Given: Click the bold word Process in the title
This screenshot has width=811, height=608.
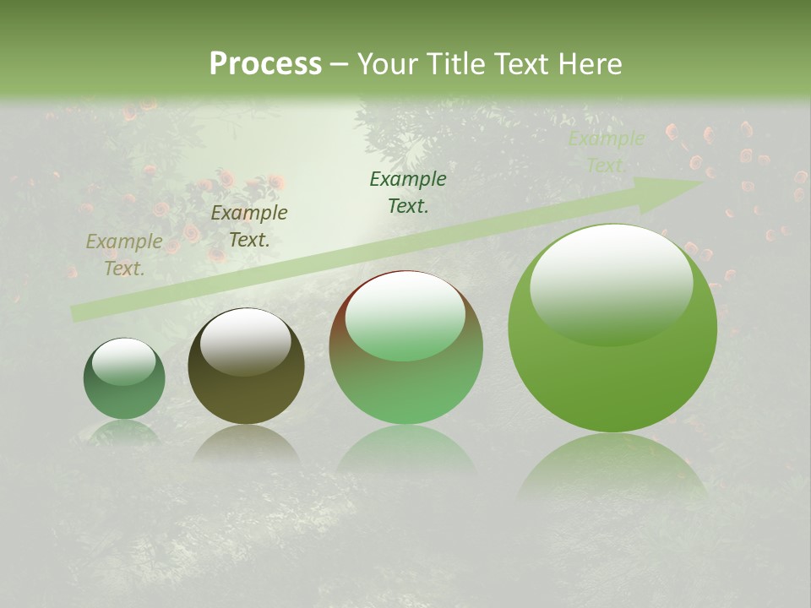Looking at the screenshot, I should click(265, 64).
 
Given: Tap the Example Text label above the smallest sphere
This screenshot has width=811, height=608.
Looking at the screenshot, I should click(124, 255).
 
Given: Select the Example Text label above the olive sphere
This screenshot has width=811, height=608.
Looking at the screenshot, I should click(249, 226).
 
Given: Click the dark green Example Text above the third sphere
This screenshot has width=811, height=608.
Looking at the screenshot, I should click(408, 193).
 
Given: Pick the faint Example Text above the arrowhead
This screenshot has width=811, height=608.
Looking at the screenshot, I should click(606, 152).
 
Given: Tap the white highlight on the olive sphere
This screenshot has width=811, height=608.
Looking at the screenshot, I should click(245, 341).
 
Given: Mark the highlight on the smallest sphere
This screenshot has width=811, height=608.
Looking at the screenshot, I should click(123, 362).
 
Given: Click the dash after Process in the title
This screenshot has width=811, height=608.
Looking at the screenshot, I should click(339, 64).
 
